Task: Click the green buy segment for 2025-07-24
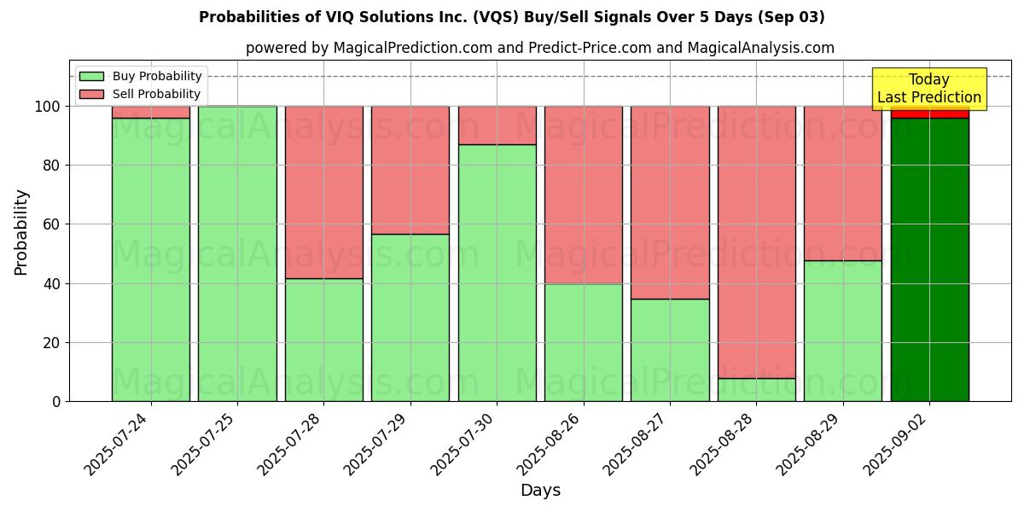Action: tap(151, 259)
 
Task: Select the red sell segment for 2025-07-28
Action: tap(324, 192)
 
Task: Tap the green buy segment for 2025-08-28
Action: tap(757, 390)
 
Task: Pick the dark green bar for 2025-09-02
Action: tap(929, 259)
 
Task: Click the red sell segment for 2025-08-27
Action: tap(670, 202)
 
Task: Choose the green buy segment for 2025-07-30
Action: tap(497, 273)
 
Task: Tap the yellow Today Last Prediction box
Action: tap(929, 89)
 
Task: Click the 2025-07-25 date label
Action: tap(205, 444)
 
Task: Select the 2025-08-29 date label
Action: tap(811, 444)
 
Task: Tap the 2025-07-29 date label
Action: tap(378, 444)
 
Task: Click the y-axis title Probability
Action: tap(21, 231)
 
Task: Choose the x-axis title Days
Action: tap(540, 491)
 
